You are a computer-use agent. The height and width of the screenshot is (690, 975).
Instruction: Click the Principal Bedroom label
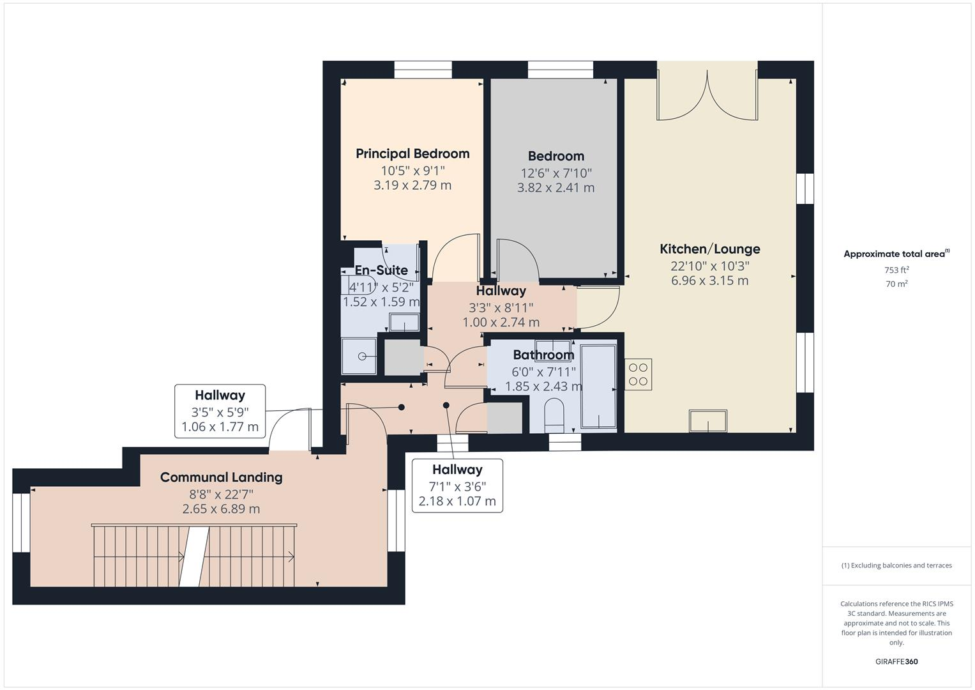pos(412,153)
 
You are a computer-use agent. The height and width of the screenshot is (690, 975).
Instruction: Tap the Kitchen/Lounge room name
pos(709,249)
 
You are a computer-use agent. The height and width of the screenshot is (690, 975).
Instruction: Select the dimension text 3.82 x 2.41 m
pos(556,188)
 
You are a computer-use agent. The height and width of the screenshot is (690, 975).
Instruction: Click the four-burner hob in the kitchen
pos(638,374)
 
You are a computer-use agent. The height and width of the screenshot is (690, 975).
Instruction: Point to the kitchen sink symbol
pos(707,421)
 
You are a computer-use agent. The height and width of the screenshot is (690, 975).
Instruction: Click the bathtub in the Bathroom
pos(598,386)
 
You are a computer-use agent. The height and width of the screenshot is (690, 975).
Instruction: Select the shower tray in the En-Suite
pos(359,356)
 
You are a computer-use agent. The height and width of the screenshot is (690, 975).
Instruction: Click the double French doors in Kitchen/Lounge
pos(707,96)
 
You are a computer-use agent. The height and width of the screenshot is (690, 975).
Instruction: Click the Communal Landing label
pos(221,477)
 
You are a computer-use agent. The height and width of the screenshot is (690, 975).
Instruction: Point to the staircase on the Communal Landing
pos(194,556)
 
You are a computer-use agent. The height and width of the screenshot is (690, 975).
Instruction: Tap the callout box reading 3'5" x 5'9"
pos(220,411)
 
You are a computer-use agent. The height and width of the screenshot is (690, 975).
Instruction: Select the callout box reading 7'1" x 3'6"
pos(457,486)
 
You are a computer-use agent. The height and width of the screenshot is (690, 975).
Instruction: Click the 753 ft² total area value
pos(896,270)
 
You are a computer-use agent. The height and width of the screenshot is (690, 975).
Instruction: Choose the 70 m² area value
pos(896,284)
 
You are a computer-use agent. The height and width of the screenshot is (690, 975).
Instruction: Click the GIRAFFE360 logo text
pos(896,661)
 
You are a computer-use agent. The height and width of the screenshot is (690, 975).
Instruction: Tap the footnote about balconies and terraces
pos(896,565)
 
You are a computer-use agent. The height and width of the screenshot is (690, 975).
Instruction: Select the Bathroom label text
pos(543,355)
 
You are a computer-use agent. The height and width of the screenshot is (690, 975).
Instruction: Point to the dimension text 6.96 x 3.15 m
pos(709,280)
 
